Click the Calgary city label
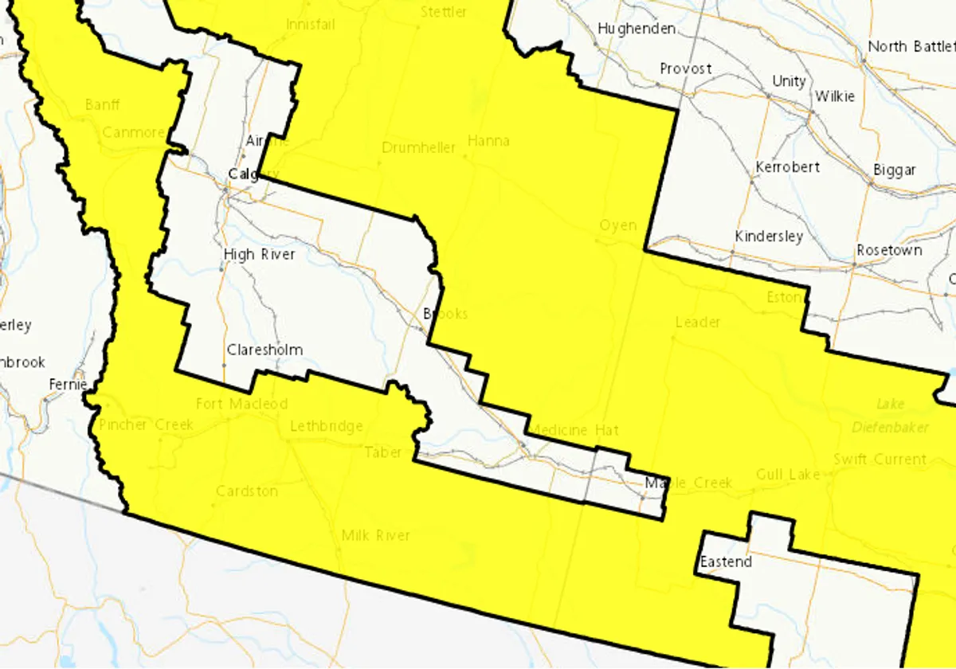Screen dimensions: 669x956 [253, 174]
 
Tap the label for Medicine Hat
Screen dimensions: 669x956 [574, 430]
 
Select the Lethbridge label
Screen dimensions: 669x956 [326, 426]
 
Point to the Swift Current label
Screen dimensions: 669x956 [880, 459]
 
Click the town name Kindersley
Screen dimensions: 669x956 [769, 237]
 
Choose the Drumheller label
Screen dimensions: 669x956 [418, 147]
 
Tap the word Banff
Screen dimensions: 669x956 [102, 104]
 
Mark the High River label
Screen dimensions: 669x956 [259, 254]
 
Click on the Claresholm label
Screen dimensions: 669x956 [264, 350]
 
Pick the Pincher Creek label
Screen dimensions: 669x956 [146, 424]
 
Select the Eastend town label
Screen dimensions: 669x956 [726, 562]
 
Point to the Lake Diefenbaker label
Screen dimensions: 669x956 [902, 416]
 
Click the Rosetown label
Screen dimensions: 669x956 [889, 250]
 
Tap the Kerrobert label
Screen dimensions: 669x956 [787, 167]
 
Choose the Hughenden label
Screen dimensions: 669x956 [637, 29]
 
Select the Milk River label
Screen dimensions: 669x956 [375, 535]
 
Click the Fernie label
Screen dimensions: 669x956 [67, 384]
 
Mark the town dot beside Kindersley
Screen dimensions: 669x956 [731, 252]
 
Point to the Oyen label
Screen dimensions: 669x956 [618, 225]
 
